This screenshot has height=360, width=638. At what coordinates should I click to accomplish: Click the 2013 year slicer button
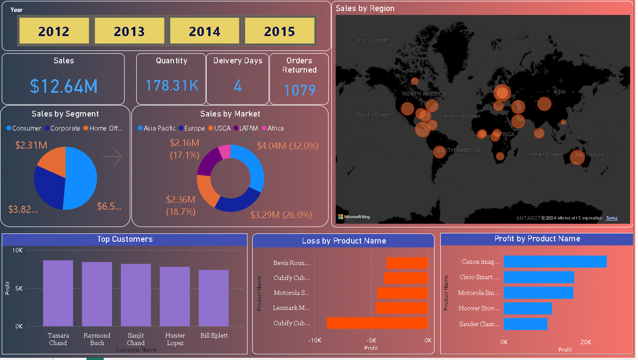tap(129, 31)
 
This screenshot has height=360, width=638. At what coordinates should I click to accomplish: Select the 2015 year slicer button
tap(279, 31)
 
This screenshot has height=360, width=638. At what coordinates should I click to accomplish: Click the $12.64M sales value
tap(64, 86)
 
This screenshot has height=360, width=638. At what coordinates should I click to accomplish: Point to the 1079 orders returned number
tap(300, 90)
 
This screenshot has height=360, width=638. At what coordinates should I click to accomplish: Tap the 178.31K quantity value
tap(172, 85)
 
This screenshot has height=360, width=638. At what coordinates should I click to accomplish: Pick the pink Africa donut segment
tap(225, 152)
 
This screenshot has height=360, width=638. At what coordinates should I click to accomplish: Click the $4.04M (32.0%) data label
tap(288, 146)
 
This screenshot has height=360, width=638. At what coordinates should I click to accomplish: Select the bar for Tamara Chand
tap(58, 293)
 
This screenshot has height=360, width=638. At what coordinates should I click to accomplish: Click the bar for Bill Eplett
tap(214, 298)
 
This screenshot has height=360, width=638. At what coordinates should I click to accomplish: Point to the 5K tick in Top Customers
tap(18, 288)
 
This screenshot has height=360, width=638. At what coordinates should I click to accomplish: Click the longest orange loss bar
tap(377, 323)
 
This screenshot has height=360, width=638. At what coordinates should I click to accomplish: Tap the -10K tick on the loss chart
tap(315, 340)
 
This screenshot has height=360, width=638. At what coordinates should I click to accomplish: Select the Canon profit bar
tap(555, 262)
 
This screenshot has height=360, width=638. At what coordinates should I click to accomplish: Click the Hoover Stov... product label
tap(479, 308)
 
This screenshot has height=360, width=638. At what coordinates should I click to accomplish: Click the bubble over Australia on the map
tap(577, 157)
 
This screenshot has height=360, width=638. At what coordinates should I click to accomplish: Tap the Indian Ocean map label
tap(545, 154)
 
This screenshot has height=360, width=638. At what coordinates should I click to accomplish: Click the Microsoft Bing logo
tap(354, 217)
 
